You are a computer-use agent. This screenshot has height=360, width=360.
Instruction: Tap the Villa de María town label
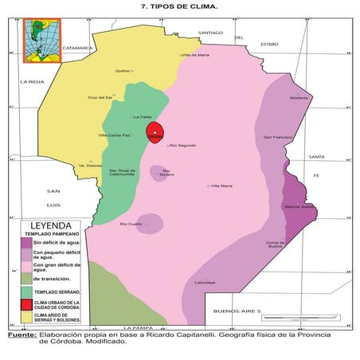(x=196, y=55)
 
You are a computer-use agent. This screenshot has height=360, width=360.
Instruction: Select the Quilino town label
(x=123, y=71)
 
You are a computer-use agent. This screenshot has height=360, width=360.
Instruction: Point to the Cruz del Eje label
(x=100, y=97)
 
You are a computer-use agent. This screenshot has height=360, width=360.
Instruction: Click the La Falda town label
(x=143, y=116)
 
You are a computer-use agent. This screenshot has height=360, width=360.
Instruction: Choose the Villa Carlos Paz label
(x=114, y=135)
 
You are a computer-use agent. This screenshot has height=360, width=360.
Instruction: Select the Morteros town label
(x=299, y=98)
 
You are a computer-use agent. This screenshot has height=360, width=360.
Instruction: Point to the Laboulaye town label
(x=205, y=283)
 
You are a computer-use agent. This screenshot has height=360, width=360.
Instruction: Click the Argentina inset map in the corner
(x=37, y=39)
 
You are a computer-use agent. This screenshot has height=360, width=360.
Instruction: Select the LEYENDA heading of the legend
(x=51, y=225)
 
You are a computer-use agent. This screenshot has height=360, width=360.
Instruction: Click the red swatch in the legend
(x=27, y=304)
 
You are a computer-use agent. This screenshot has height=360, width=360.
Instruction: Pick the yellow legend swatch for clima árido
(x=27, y=317)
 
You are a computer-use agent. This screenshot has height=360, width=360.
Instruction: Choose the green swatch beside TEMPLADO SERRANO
(x=27, y=292)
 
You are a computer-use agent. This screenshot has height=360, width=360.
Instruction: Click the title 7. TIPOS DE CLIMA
(x=179, y=7)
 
